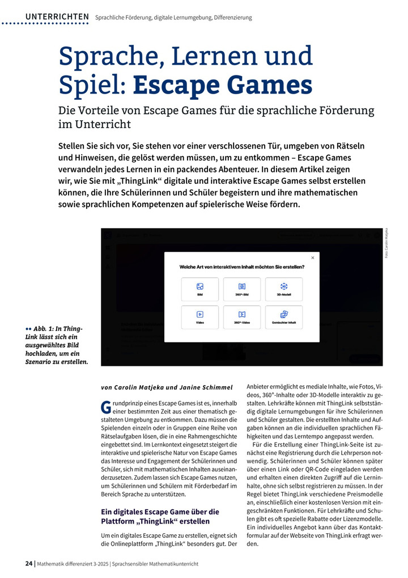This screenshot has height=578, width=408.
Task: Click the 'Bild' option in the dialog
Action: click(200, 289)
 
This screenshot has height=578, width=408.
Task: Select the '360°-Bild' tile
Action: click(242, 289)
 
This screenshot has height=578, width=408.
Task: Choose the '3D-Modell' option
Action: click(283, 289)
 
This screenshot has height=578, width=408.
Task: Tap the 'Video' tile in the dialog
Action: click(200, 317)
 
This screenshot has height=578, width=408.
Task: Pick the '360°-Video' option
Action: click(242, 317)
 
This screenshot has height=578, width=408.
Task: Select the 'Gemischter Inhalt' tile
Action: click(283, 317)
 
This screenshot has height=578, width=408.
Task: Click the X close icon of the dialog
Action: click(312, 258)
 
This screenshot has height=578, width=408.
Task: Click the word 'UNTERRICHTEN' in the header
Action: click(57, 17)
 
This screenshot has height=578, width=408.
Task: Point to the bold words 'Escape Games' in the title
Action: click(223, 85)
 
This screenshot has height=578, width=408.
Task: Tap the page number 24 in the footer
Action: click(29, 563)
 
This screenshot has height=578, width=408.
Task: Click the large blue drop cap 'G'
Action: click(105, 407)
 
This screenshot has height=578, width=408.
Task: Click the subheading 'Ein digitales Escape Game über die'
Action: click(159, 512)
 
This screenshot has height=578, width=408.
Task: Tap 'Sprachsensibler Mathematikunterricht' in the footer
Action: click(155, 563)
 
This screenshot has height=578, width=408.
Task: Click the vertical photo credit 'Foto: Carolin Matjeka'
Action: click(387, 243)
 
